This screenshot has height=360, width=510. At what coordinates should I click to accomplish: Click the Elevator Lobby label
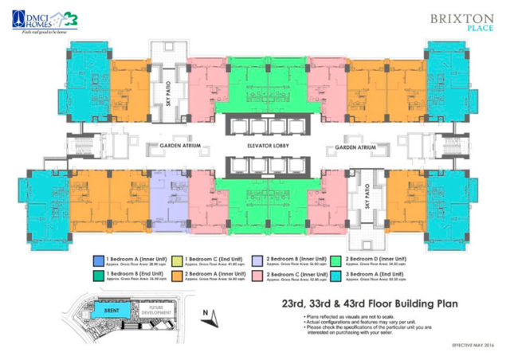coord(255,147)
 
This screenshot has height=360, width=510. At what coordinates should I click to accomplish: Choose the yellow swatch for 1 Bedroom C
coord(179,259)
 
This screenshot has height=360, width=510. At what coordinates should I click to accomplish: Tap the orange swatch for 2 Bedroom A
coord(179,277)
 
